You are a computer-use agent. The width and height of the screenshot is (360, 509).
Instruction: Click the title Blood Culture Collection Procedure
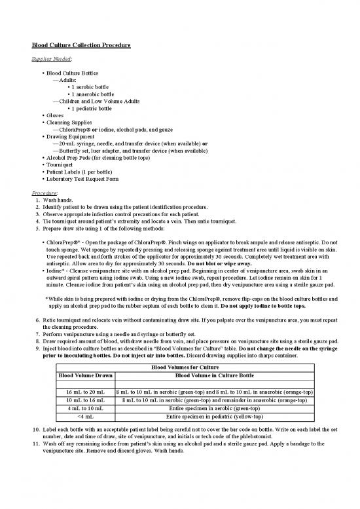[x=82, y=45]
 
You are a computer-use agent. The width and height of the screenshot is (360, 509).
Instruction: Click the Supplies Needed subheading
[x=50, y=58]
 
